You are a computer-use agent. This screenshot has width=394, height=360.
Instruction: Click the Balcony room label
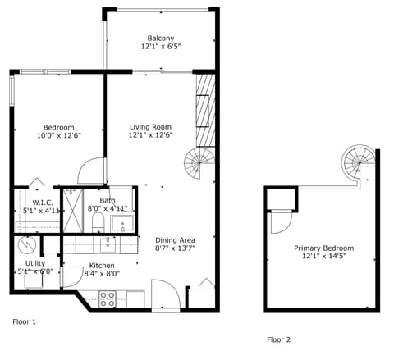160,39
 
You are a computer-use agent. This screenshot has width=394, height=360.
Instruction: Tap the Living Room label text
150,126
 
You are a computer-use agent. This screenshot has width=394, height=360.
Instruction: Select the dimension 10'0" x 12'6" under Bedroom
59,137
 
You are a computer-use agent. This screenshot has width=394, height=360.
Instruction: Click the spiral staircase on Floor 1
198,164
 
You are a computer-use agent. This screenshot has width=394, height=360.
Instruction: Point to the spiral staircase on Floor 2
357,159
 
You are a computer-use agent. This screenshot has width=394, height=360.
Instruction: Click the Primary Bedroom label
324,248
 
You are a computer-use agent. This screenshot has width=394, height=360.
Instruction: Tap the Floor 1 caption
24,322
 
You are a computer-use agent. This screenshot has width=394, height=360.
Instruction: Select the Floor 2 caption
278,339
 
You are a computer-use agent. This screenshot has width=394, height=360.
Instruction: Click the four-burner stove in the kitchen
108,299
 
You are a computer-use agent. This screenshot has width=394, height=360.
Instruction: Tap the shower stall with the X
76,211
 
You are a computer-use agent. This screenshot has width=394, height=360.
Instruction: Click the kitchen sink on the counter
108,243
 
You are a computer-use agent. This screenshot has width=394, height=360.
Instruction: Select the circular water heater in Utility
28,245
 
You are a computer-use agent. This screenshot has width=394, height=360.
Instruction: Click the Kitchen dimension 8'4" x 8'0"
103,275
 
